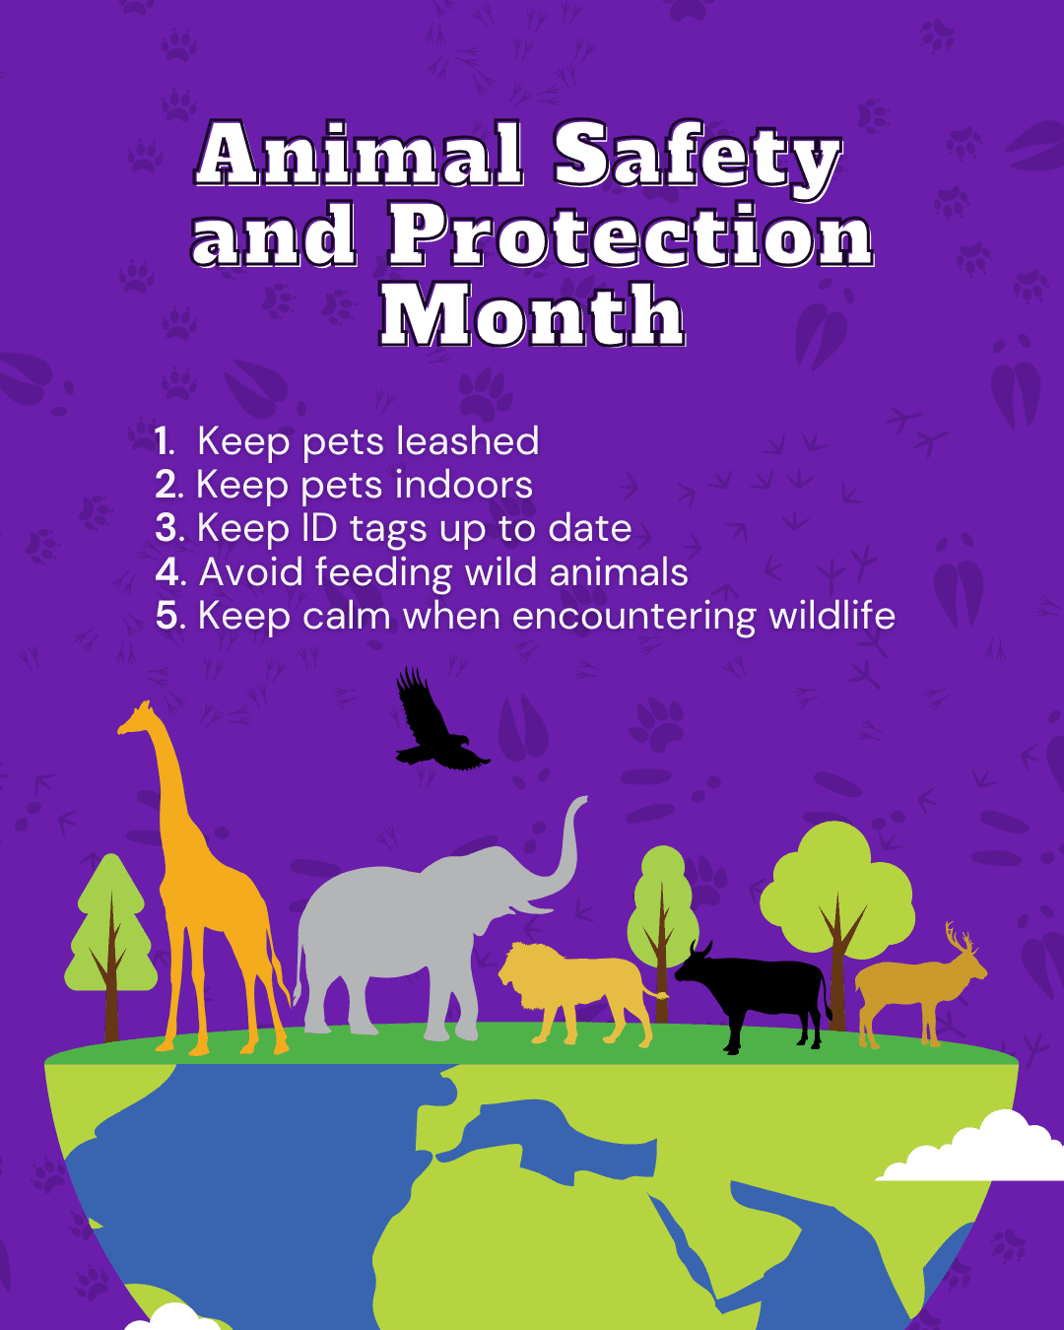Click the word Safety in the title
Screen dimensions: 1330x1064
[697, 156]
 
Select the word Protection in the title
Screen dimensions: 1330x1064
[631, 236]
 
